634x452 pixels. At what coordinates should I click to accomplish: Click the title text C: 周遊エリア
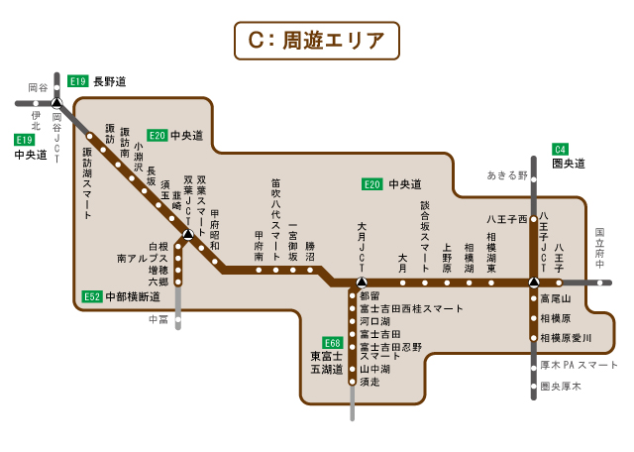[316, 40]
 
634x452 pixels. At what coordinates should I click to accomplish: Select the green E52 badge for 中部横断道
[92, 296]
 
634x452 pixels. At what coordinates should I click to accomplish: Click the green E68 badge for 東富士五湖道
[332, 343]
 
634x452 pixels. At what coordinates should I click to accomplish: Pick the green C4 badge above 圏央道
[561, 149]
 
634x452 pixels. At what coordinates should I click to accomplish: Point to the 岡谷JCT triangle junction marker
[56, 102]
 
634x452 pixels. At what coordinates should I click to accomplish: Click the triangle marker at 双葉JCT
[187, 235]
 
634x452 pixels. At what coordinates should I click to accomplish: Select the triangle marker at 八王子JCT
[534, 282]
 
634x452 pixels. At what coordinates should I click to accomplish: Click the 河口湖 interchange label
[375, 322]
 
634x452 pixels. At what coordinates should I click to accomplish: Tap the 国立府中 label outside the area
[599, 248]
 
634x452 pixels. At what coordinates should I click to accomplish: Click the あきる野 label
[507, 175]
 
